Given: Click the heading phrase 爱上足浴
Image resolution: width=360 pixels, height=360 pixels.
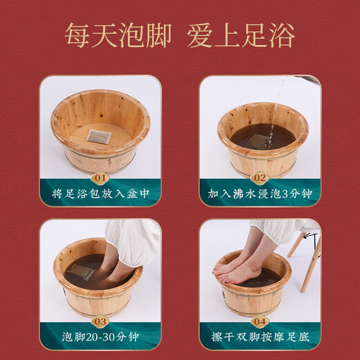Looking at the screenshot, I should pos(241,35).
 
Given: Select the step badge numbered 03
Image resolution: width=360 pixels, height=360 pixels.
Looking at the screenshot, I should pos(100,321).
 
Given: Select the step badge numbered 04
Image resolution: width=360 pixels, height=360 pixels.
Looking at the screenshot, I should pos(260,321).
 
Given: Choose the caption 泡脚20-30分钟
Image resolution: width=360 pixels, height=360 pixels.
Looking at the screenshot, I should pos(100,339).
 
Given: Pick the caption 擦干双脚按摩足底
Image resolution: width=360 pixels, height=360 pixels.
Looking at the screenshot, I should pos(260,339).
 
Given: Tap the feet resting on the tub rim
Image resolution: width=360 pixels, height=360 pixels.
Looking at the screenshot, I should pos(239,267).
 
